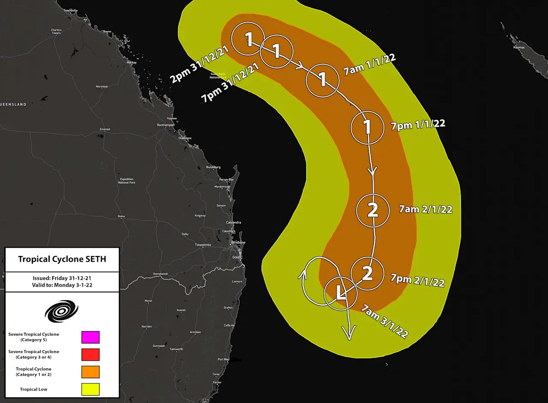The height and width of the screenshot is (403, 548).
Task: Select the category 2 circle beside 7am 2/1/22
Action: click(373, 210)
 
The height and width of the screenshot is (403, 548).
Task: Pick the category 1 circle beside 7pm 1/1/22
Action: click(367, 127)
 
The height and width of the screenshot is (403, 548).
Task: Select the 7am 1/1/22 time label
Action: click(369, 66)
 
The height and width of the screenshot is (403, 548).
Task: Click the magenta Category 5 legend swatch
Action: click(90, 337)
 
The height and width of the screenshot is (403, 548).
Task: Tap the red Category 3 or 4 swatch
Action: click(90, 354)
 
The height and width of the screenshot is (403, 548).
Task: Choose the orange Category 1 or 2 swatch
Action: click(90, 371)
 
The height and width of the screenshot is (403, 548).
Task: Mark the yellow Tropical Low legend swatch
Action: click(90, 389)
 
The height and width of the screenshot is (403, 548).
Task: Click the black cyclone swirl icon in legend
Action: click(62, 311)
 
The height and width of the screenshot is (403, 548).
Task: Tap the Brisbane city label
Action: click(238, 242)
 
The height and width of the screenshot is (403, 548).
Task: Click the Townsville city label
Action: click(70, 10)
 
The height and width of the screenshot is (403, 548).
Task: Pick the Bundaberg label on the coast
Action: click(213, 167)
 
